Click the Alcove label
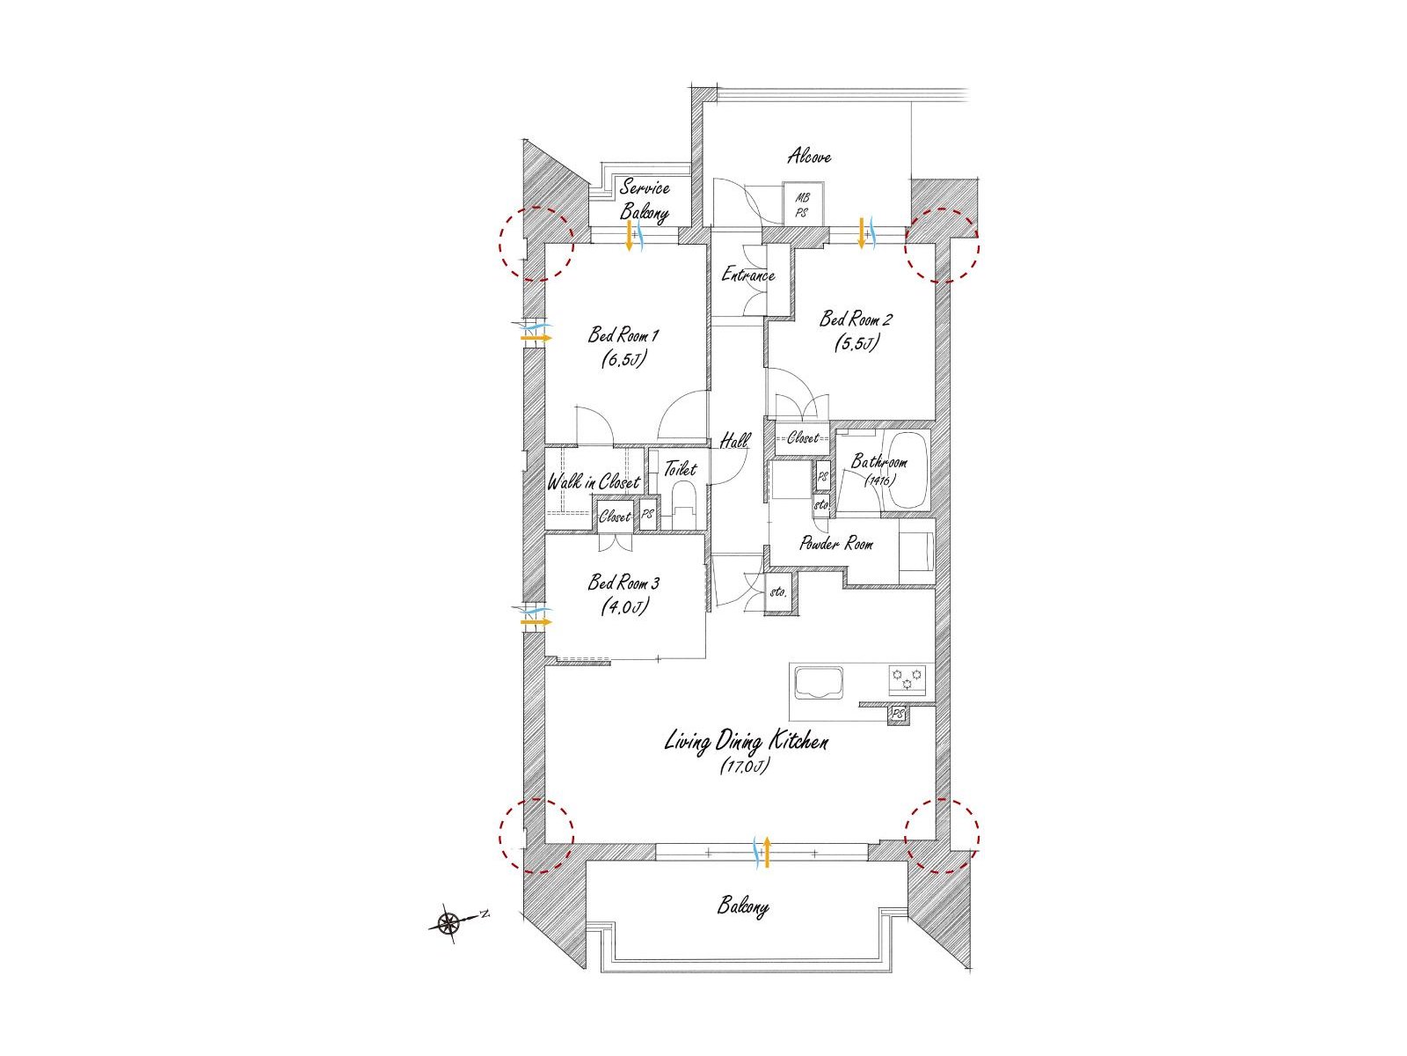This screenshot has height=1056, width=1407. [809, 156]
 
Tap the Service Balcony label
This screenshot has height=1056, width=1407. [645, 200]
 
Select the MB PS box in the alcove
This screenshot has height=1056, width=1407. [803, 203]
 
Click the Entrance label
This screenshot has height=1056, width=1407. [748, 275]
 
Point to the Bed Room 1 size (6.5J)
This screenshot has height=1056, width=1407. [623, 359]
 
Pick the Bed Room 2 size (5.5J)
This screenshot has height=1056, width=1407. [856, 343]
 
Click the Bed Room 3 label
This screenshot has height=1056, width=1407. [623, 583]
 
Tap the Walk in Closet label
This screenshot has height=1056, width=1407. [594, 482]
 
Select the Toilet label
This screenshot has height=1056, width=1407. [680, 469]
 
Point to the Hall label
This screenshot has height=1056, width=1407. [734, 441]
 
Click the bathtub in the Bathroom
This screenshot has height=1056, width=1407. [905, 471]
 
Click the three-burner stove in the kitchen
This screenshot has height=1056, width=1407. [908, 679]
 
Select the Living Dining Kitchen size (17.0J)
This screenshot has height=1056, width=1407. [744, 766]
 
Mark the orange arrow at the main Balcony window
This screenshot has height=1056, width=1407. [765, 854]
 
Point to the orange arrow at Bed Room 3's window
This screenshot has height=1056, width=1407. [536, 622]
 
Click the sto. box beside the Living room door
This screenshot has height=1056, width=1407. [778, 591]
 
